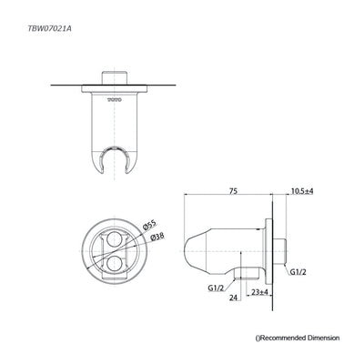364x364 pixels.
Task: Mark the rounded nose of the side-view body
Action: point(189,248)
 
